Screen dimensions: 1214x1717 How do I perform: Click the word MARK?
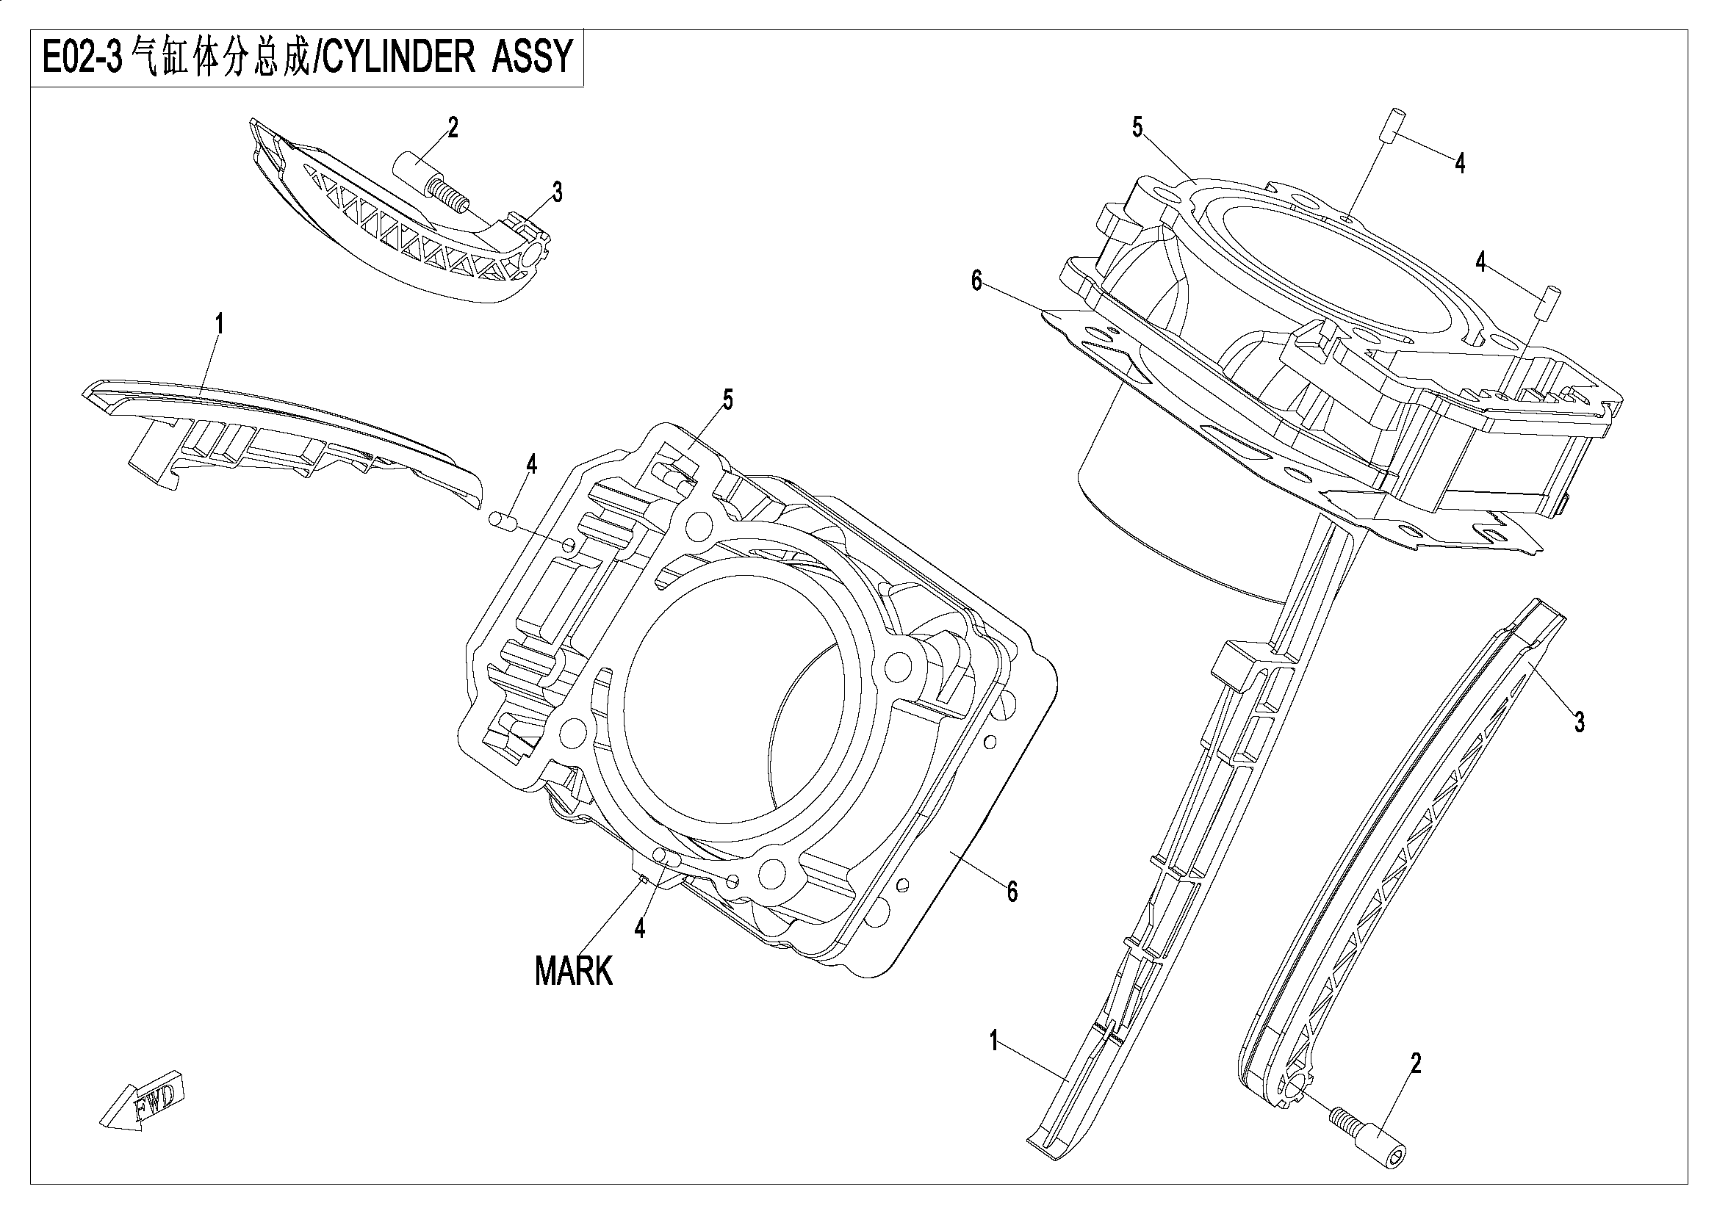click(574, 971)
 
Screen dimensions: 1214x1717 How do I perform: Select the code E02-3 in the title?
click(82, 57)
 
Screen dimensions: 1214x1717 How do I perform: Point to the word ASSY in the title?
click(531, 57)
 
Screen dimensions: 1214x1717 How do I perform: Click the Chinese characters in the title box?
click(218, 57)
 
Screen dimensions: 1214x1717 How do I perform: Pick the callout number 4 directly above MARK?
click(639, 928)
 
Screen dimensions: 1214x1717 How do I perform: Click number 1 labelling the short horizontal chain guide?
click(219, 325)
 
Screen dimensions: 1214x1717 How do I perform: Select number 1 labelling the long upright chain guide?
click(994, 1041)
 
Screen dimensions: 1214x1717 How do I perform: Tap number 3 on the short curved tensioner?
click(557, 192)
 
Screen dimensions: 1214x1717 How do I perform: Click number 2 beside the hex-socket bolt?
click(1415, 1063)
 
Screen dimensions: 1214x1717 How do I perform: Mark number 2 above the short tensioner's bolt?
click(453, 128)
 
